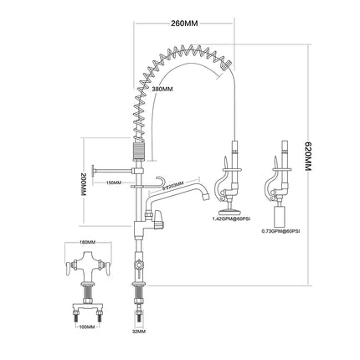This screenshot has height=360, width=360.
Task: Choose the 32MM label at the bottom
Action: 138,331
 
